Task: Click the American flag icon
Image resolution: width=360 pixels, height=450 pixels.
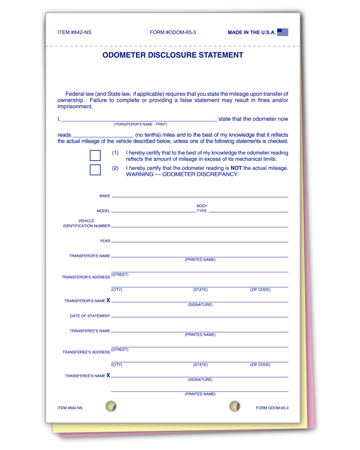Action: pos(282,32)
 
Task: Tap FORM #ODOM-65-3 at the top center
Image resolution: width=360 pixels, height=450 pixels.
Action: pos(173,32)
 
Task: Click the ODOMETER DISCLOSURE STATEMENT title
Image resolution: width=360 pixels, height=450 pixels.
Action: pos(173,55)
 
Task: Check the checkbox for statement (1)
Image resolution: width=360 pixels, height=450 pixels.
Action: pos(95,156)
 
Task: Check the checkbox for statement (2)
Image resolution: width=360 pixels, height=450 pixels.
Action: pos(95,170)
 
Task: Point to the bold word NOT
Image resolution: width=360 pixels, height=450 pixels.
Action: pos(236,168)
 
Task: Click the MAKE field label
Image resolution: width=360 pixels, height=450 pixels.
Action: pos(105,196)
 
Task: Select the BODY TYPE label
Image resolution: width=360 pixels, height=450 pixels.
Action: pos(202,209)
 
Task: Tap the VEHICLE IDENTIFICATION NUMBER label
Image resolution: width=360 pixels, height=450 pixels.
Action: pos(87,224)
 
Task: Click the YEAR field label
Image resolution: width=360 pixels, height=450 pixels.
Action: pos(105,241)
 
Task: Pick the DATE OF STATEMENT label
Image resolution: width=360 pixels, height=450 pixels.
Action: pos(90,316)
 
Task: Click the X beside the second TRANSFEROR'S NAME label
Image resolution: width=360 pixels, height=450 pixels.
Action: pos(108,300)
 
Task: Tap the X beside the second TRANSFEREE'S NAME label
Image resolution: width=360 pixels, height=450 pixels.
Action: pos(108,375)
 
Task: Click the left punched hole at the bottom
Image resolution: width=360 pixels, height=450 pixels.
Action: pos(111,406)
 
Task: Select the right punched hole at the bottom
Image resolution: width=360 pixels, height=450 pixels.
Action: pos(235,406)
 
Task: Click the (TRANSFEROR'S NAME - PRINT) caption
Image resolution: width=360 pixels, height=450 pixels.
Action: pos(140,124)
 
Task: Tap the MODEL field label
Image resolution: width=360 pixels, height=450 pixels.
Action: pos(103,211)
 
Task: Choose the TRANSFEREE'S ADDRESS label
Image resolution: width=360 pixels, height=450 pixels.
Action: pos(86,352)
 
